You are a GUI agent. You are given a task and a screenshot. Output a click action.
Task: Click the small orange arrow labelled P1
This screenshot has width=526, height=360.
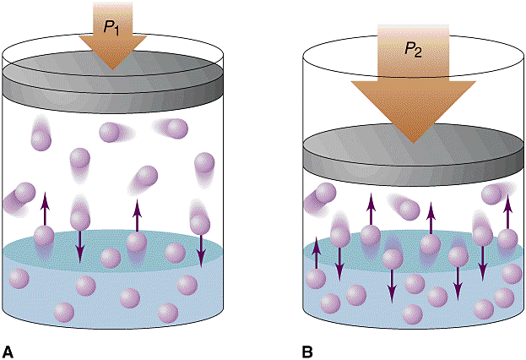[x=112, y=34]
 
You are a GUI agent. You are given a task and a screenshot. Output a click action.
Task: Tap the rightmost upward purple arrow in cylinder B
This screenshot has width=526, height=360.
[x=507, y=213]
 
